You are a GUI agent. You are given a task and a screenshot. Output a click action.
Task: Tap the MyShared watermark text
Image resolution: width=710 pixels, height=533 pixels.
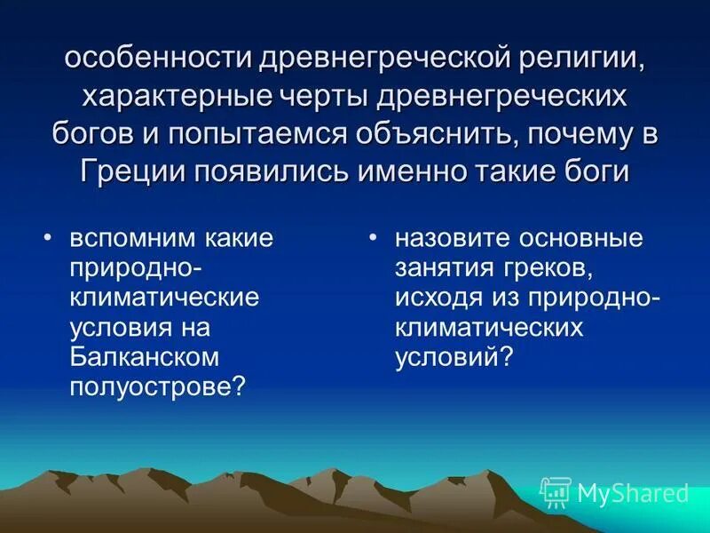(x=633, y=492)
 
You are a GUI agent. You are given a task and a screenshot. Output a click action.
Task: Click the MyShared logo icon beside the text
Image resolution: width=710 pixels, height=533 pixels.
(x=555, y=491)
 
